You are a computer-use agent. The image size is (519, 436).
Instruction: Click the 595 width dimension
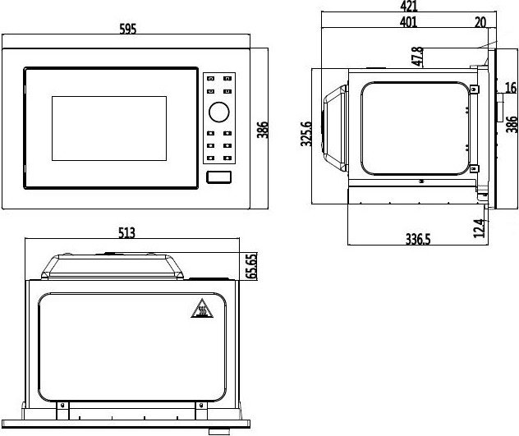click(x=128, y=29)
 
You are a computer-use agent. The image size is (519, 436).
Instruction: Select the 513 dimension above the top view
click(x=126, y=232)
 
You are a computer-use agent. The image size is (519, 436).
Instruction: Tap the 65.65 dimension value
click(x=251, y=266)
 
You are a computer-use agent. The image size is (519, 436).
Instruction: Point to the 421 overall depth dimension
click(x=409, y=6)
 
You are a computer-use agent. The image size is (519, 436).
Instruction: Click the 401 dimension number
click(x=408, y=22)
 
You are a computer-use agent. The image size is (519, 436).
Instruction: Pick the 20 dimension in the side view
click(x=480, y=22)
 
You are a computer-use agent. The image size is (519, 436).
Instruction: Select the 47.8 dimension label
click(x=418, y=57)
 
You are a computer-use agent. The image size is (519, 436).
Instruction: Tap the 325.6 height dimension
click(x=306, y=134)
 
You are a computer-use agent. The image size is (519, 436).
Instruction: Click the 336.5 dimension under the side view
click(x=418, y=239)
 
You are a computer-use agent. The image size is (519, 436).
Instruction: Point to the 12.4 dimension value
click(x=479, y=228)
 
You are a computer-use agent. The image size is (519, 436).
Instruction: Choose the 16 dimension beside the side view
click(x=511, y=88)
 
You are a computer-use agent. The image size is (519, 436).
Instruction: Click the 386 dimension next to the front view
click(x=263, y=130)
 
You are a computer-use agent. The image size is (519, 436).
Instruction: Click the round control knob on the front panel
click(x=218, y=112)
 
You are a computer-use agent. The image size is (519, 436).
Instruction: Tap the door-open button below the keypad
click(x=218, y=177)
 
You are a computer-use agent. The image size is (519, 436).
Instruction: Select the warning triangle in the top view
click(x=202, y=309)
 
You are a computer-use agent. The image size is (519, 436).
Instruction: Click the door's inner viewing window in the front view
click(x=109, y=128)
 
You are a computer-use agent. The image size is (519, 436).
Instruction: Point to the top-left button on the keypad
click(x=210, y=79)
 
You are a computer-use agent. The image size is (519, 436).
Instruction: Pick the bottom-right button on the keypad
click(x=227, y=158)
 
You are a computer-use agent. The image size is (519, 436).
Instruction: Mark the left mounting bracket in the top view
click(x=62, y=411)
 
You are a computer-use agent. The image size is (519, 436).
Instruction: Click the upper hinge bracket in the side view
click(x=474, y=89)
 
